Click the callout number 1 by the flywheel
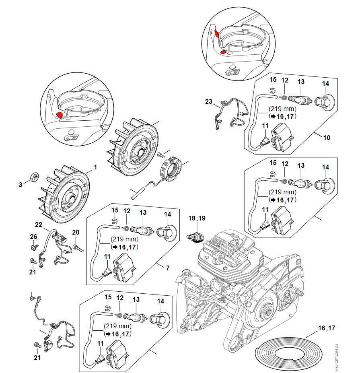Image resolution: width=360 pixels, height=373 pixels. pos(96,166)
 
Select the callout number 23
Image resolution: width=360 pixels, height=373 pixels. pos(208,102)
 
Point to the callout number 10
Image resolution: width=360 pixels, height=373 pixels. pos(327,138)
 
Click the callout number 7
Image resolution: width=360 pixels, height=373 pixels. pos(168,268)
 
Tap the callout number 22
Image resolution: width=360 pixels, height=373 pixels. pos(39,225)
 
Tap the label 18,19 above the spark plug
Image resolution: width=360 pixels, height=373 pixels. pos(197,218)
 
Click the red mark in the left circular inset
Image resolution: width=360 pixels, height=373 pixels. pos(60,115)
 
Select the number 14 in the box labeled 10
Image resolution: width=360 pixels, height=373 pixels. pos(326,83)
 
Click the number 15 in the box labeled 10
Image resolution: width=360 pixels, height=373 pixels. pos(273,79)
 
